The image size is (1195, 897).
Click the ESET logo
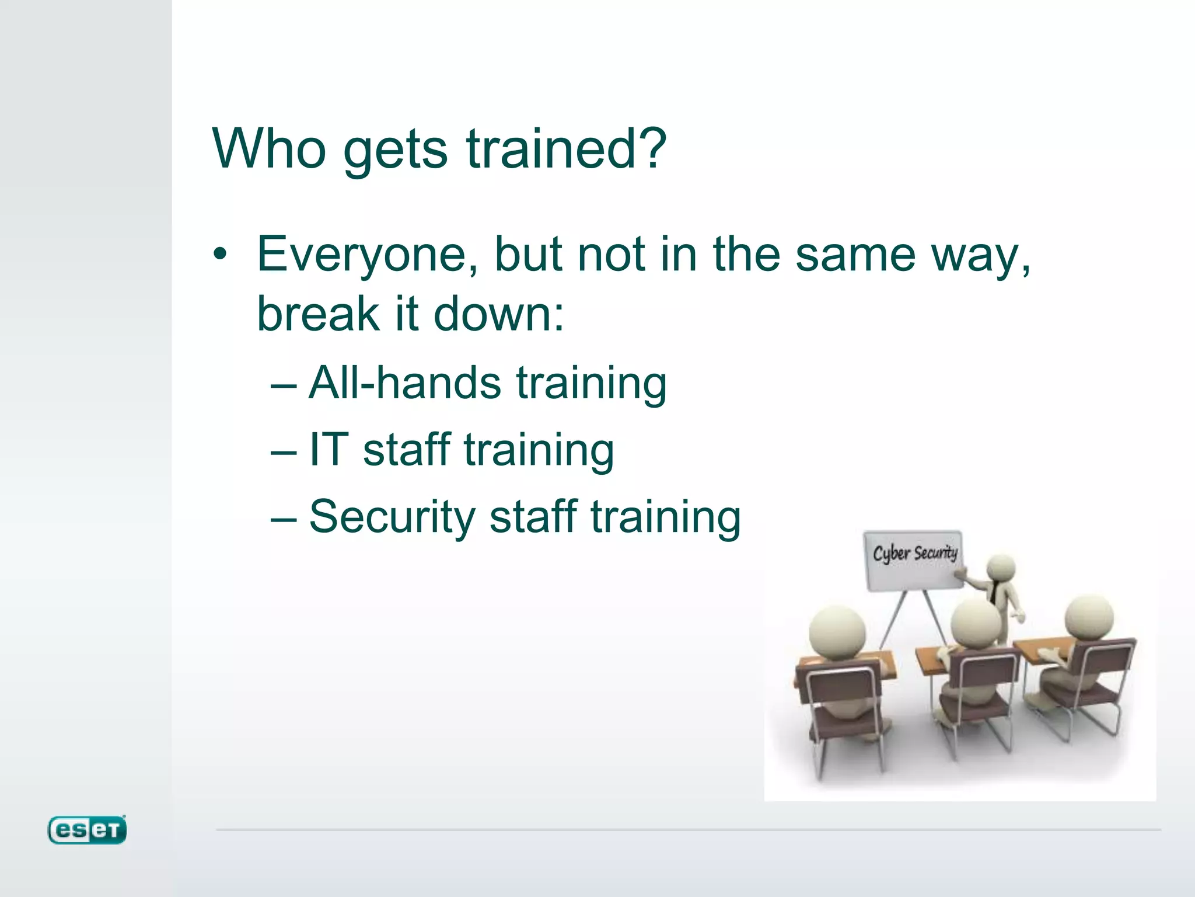pyautogui.click(x=87, y=830)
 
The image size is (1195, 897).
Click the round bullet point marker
pyautogui.click(x=219, y=255)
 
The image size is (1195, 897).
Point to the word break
pyautogui.click(x=318, y=314)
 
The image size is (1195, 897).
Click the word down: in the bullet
pyautogui.click(x=499, y=314)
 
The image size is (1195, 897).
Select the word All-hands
pyautogui.click(x=404, y=383)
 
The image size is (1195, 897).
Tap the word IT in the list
pyautogui.click(x=329, y=450)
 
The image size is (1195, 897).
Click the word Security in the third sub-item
pyautogui.click(x=392, y=517)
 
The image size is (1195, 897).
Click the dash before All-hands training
pyautogui.click(x=284, y=385)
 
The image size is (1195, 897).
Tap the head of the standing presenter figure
pyautogui.click(x=1001, y=568)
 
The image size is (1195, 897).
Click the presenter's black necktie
pyautogui.click(x=994, y=593)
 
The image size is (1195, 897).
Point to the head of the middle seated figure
pyautogui.click(x=976, y=623)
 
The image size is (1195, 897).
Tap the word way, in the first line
pyautogui.click(x=981, y=255)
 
